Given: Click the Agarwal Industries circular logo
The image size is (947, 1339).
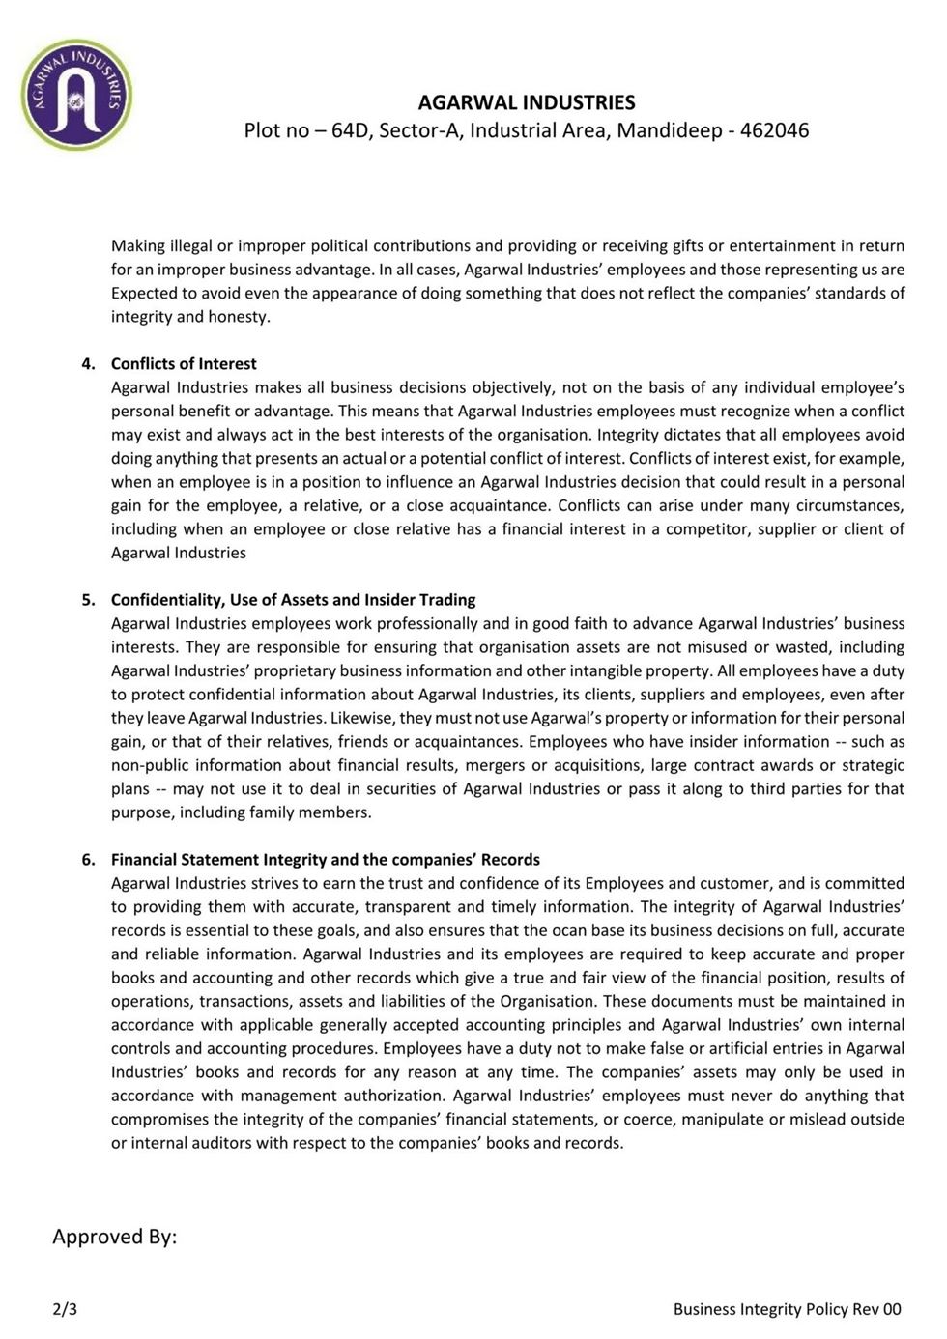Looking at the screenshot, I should tap(76, 95).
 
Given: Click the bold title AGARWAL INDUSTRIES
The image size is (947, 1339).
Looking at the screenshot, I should tap(527, 102).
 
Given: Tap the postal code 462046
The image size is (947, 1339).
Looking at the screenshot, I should tap(774, 130).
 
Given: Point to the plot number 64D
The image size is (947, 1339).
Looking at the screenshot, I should tap(351, 130).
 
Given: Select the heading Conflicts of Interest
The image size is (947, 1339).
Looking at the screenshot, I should tap(184, 363).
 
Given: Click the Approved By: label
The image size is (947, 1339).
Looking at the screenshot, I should tap(114, 1237).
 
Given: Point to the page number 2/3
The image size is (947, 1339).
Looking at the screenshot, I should tap(65, 1309).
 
